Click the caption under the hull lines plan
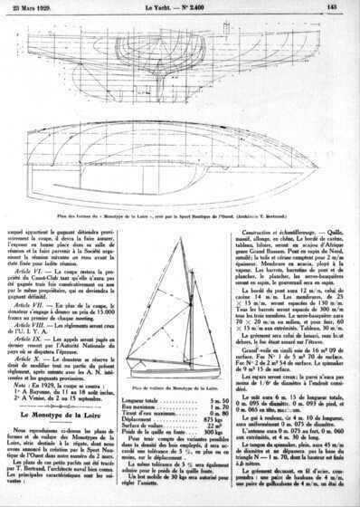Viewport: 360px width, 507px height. pos(181,218)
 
